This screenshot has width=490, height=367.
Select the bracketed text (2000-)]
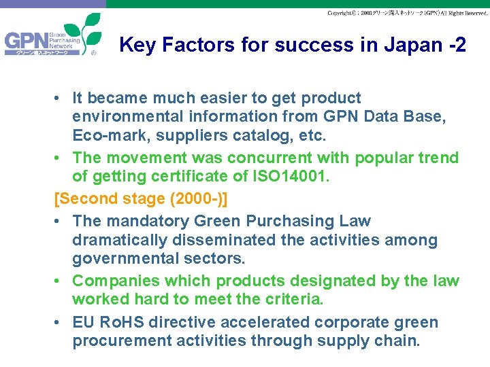pos(190,199)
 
